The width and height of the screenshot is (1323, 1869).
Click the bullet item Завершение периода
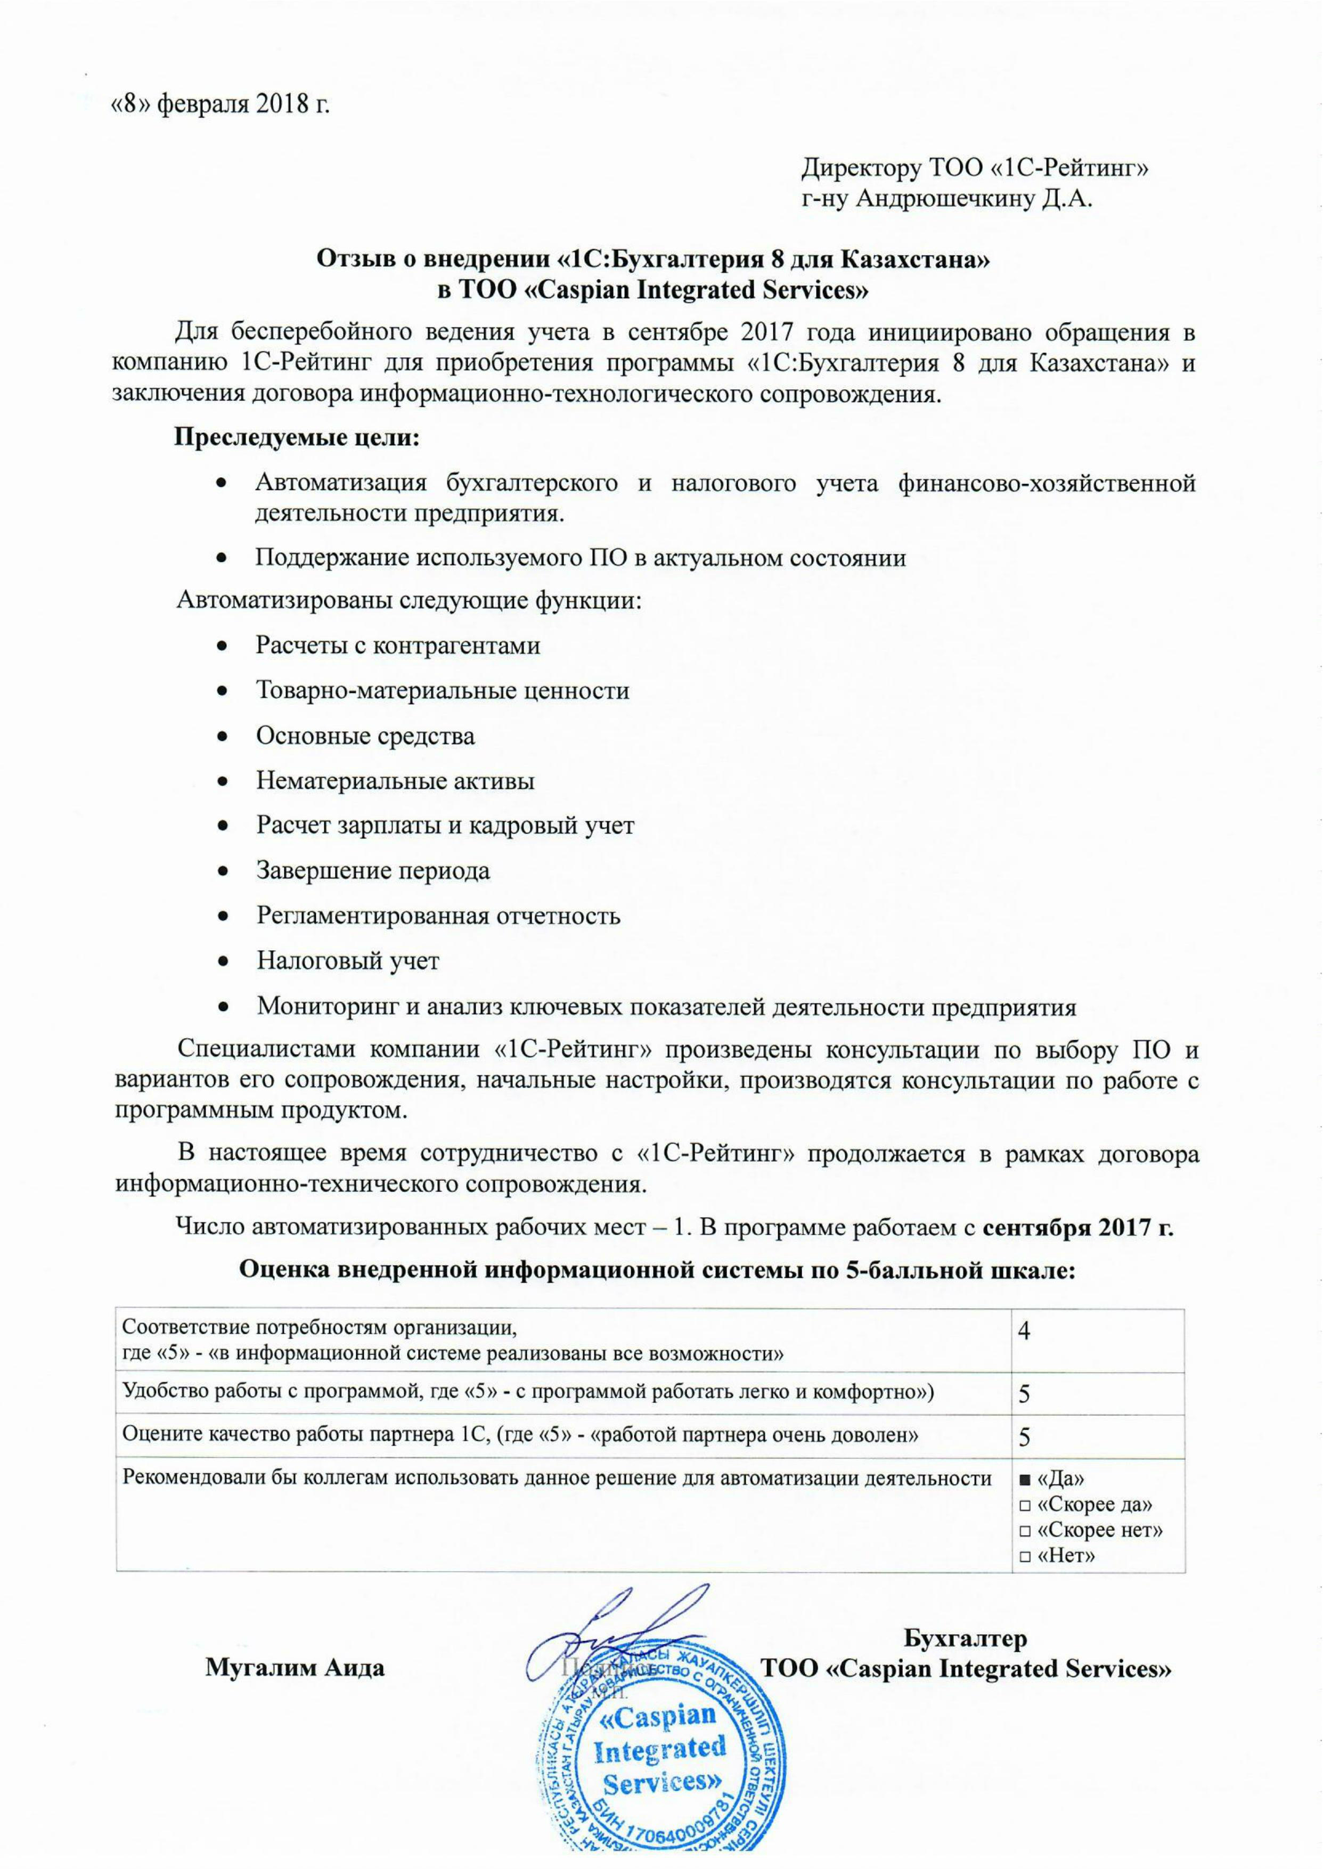click(x=373, y=871)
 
